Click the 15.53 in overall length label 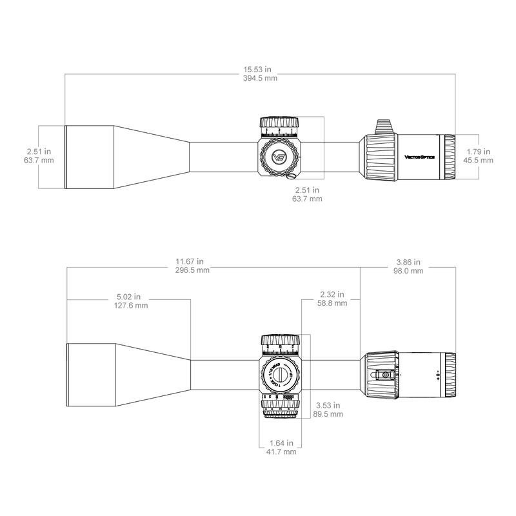click(x=257, y=68)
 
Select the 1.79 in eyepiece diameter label click(x=479, y=152)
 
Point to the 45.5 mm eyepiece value click(x=479, y=161)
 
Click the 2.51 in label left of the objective click(x=39, y=152)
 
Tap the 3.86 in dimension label click(x=409, y=263)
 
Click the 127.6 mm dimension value click(x=130, y=306)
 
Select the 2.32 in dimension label click(x=332, y=293)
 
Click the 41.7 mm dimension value click(x=281, y=453)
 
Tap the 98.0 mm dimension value click(x=409, y=272)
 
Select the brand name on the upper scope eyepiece click(x=419, y=155)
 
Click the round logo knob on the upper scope click(x=280, y=155)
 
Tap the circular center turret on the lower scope click(x=280, y=373)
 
